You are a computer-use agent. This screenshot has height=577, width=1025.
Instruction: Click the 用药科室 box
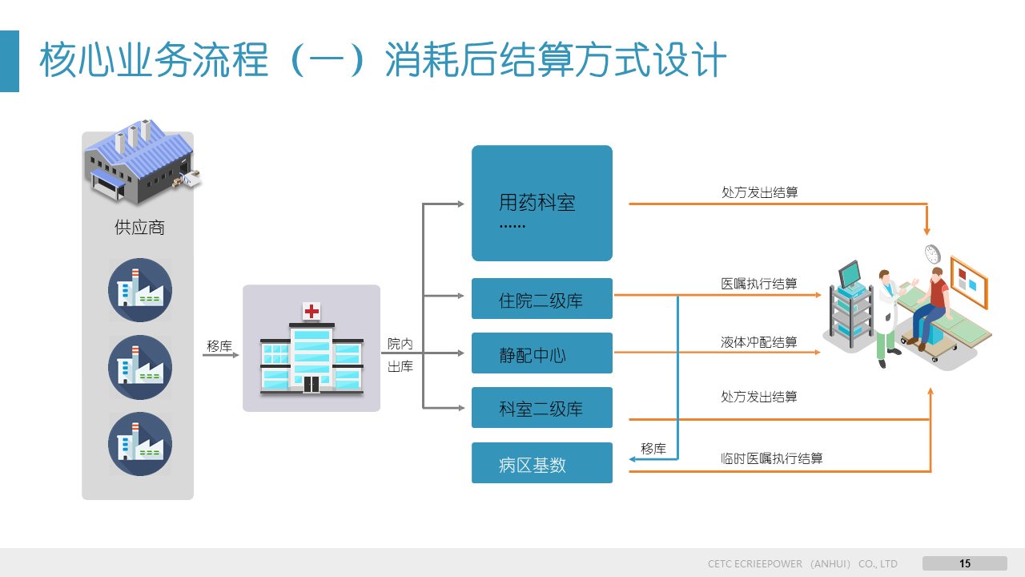(x=541, y=203)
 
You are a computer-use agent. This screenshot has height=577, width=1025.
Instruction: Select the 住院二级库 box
(x=541, y=299)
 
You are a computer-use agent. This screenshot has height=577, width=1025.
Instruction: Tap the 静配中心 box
(x=541, y=353)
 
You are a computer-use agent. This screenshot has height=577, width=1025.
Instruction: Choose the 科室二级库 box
(x=541, y=408)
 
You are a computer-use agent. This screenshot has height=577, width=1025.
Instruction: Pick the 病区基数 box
(x=541, y=463)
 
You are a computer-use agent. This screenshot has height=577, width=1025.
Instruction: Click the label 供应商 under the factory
(x=139, y=228)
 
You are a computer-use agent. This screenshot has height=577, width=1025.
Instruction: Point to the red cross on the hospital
(x=311, y=311)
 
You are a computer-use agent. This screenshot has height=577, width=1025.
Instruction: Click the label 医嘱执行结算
(x=759, y=284)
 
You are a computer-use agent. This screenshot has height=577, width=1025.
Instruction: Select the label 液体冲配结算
(x=759, y=342)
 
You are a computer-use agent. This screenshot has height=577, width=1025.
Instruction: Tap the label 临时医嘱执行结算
(x=772, y=458)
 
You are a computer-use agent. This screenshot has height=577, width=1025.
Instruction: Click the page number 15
(x=965, y=563)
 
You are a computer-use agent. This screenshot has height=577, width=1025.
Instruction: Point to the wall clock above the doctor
(x=931, y=253)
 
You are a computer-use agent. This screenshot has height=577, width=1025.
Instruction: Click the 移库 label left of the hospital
(x=219, y=346)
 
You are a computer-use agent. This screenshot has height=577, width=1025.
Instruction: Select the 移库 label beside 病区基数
(x=653, y=449)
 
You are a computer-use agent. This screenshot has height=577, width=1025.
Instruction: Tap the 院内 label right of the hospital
(x=400, y=344)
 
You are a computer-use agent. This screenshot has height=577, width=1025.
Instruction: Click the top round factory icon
(x=140, y=290)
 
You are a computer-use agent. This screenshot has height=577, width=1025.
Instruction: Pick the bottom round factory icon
(x=140, y=444)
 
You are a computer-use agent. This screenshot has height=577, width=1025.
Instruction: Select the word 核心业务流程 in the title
(x=153, y=61)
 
